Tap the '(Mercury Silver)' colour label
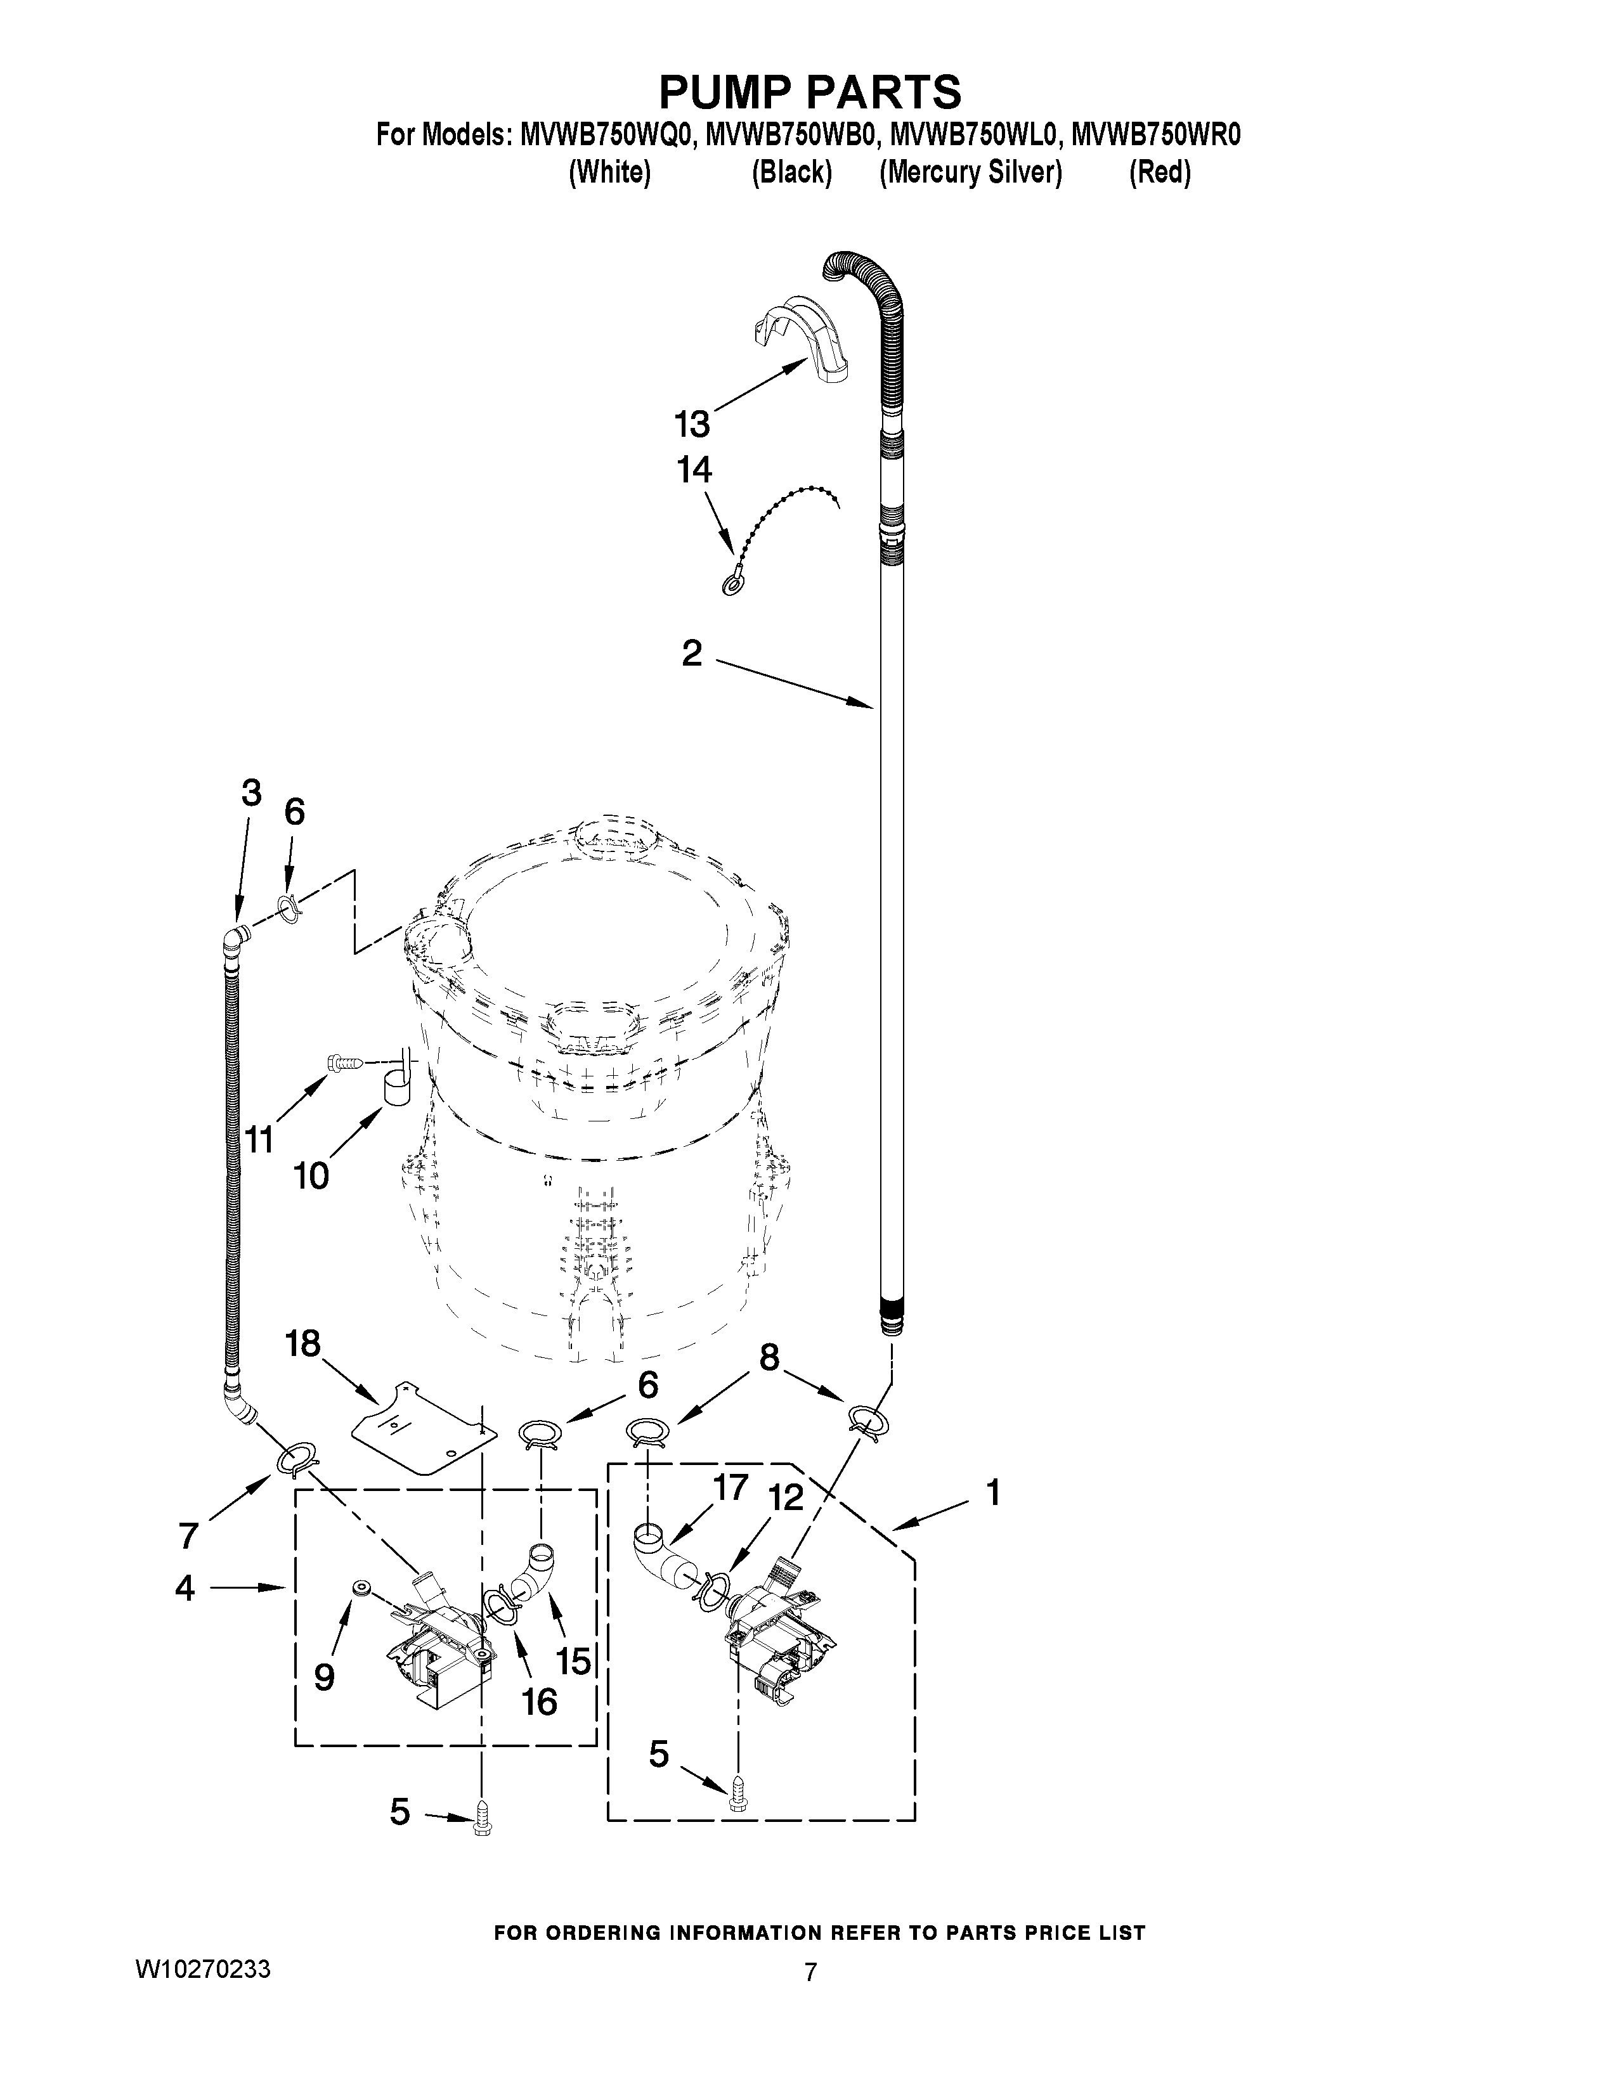coord(970,173)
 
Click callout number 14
coord(694,470)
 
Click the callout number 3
coord(251,793)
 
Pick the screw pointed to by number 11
coord(346,1061)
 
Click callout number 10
coord(311,1175)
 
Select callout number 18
coord(302,1344)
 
